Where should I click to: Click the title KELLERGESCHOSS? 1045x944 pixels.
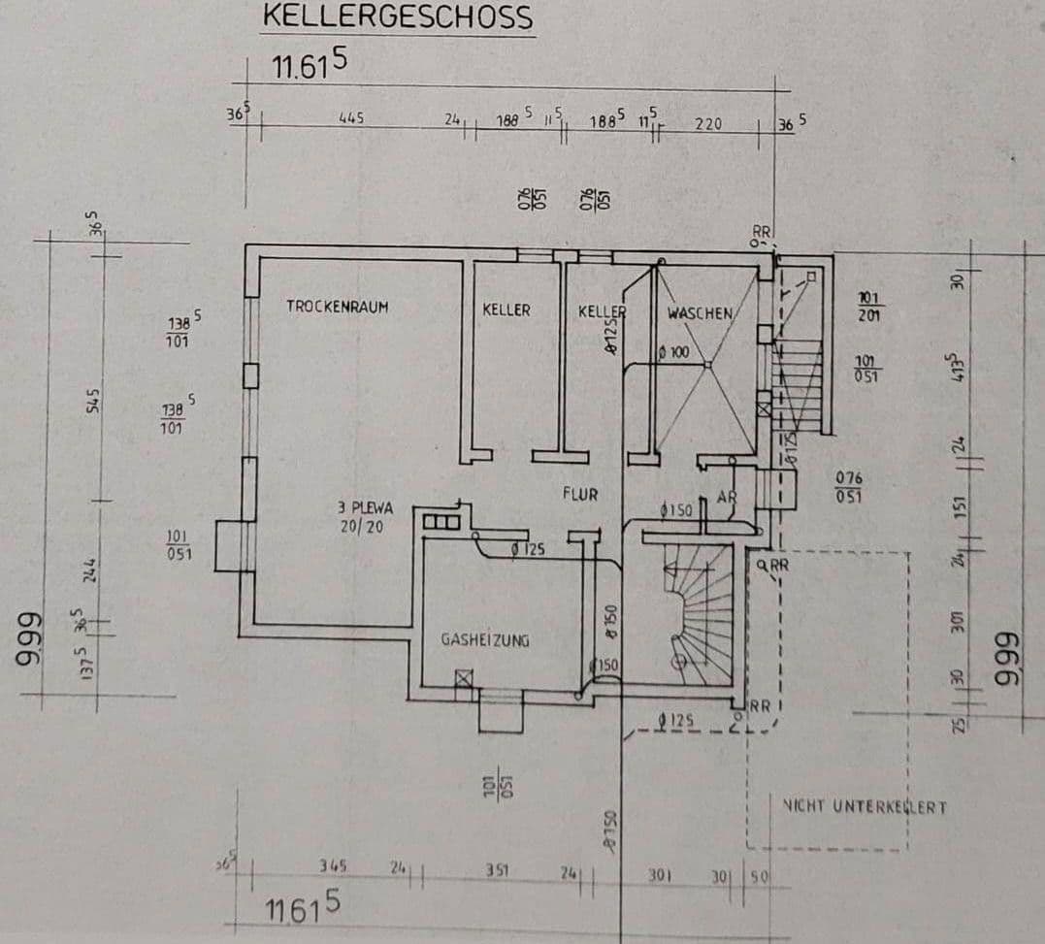tap(398, 17)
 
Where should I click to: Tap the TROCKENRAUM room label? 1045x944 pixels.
tap(337, 307)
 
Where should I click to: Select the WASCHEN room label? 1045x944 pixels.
tap(699, 313)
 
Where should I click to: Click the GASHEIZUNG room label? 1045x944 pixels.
tap(485, 640)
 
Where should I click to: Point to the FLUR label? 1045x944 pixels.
tap(580, 494)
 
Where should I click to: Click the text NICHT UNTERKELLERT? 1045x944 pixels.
tap(864, 806)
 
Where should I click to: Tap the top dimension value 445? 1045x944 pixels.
tap(350, 118)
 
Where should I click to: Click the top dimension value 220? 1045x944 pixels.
tap(708, 124)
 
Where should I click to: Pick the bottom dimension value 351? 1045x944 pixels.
tap(497, 869)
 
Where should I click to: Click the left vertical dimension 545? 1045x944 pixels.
tap(94, 400)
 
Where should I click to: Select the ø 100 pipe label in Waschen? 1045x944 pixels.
tap(673, 353)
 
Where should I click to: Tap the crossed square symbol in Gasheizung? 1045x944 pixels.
tap(464, 679)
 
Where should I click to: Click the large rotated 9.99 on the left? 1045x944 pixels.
tap(29, 641)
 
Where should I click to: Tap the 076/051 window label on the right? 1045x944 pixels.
tap(848, 487)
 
